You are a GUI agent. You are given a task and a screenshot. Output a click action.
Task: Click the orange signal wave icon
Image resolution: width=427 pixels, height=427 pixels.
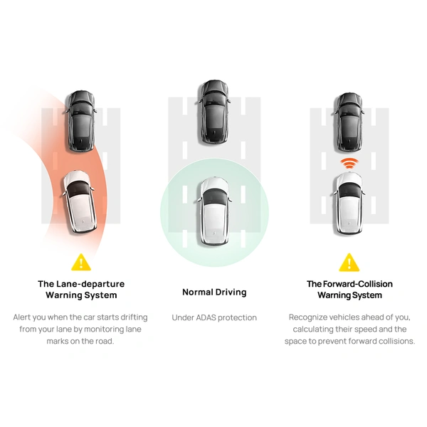click(x=349, y=163)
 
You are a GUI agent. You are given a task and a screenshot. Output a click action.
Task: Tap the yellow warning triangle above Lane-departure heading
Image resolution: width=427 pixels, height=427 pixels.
click(x=81, y=263)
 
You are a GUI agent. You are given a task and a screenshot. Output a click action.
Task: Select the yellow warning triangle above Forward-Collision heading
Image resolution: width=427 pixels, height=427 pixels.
click(x=349, y=263)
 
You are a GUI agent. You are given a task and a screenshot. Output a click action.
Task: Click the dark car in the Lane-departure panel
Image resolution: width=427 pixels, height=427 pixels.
click(x=81, y=121)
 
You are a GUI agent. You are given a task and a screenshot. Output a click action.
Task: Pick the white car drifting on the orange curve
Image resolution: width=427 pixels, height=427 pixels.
click(x=80, y=202)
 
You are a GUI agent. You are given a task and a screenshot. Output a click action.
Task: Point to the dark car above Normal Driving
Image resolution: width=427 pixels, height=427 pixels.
click(x=214, y=112)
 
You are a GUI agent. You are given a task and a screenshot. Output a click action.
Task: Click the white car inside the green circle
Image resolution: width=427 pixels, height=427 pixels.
click(x=214, y=211)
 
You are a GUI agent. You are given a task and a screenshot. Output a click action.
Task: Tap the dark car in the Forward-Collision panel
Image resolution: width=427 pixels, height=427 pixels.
click(x=349, y=122)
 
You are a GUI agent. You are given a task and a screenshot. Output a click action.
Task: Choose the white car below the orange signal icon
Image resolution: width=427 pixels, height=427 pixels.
click(x=349, y=204)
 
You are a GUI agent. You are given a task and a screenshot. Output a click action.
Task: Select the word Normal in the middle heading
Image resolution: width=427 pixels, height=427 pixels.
click(x=198, y=292)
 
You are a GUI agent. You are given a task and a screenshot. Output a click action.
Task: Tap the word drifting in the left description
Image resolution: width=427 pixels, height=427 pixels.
click(x=134, y=317)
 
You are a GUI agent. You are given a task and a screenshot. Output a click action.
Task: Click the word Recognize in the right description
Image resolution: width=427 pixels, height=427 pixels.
click(x=308, y=317)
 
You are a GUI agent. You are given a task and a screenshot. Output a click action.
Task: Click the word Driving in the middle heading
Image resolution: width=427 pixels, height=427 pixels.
click(x=231, y=292)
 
